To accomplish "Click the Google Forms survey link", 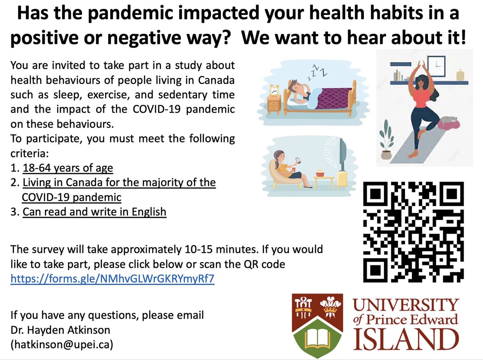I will point(112,279).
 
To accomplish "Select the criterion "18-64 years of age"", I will point(68,168).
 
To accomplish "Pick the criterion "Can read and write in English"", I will point(94,211).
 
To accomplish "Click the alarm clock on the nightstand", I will point(275,91).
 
